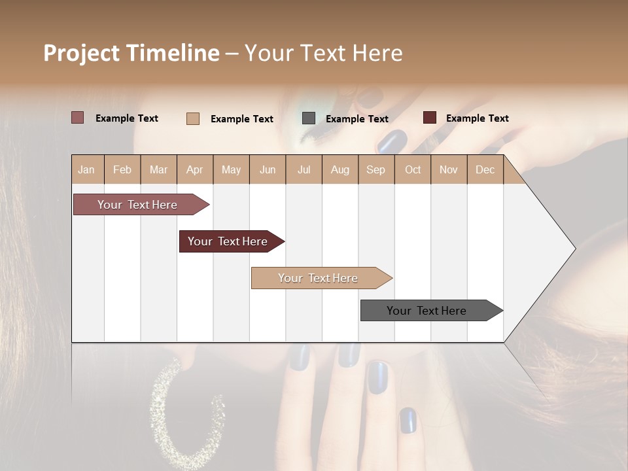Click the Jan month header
(x=86, y=169)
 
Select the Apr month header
(x=194, y=169)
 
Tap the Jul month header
(x=304, y=169)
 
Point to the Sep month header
(x=375, y=169)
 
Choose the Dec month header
(x=485, y=169)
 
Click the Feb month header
(x=122, y=169)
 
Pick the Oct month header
(x=413, y=169)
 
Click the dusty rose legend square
(x=77, y=118)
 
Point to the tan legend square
(x=192, y=118)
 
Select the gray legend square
(x=309, y=118)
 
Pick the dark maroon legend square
(x=429, y=118)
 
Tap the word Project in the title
(x=81, y=53)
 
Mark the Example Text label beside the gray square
(x=357, y=119)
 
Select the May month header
(x=231, y=169)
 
